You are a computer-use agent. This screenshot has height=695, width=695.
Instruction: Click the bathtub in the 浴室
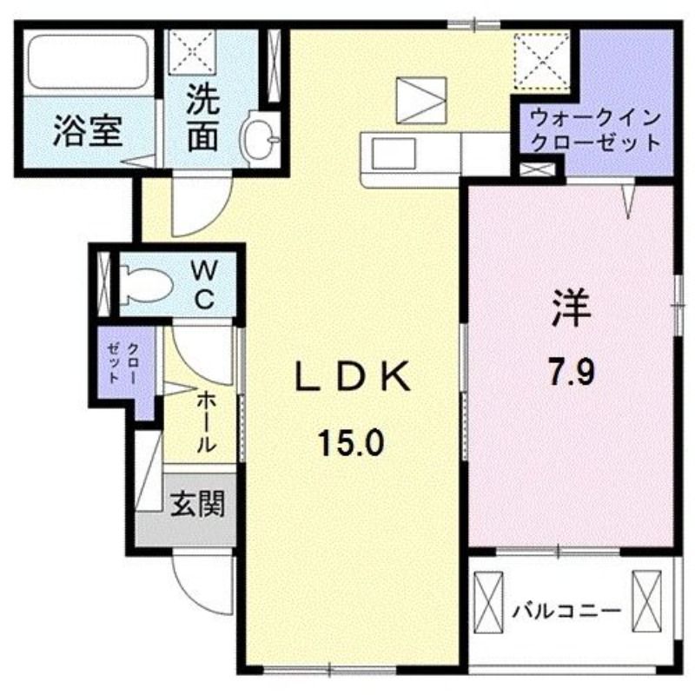89,62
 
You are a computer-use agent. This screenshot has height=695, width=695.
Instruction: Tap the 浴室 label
88,132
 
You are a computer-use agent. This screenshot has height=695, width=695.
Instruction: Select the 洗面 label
203,117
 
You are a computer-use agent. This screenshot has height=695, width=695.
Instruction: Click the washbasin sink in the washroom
261,139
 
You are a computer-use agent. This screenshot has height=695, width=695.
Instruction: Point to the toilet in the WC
146,285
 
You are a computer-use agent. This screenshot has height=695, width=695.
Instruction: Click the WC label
205,285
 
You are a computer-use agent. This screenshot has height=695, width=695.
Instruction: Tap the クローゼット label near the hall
123,363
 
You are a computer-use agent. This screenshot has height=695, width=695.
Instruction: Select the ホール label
206,421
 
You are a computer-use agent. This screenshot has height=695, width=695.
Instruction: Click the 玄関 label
198,504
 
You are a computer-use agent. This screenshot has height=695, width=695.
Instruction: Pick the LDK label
353,377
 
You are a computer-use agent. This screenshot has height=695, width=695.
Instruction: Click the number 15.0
350,444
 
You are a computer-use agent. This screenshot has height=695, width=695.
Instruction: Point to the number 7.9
572,374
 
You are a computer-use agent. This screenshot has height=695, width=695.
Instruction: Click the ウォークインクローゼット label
596,131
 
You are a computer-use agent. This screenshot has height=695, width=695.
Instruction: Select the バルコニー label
566,612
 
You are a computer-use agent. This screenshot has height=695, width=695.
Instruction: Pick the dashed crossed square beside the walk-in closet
541,62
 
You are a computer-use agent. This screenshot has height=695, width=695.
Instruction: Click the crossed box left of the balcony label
488,602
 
